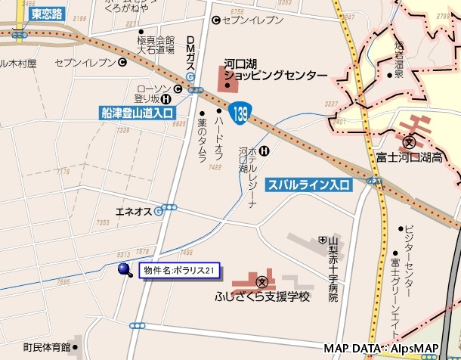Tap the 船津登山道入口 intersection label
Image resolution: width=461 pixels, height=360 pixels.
138,113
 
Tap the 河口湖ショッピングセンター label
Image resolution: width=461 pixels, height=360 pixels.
276,70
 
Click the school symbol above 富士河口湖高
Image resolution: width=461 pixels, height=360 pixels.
410,141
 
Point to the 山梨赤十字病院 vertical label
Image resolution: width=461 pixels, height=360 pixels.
332,269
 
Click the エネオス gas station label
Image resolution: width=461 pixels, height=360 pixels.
133,210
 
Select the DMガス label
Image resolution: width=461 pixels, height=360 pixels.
190,53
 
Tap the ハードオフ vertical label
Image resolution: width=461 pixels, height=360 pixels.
218,133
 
